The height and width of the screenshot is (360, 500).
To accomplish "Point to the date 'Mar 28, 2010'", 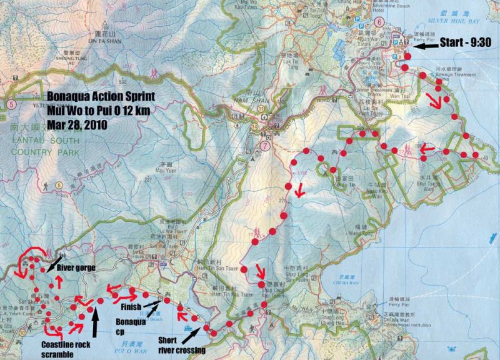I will point(76,124).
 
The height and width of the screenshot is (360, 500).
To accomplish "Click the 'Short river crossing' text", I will point(182,346).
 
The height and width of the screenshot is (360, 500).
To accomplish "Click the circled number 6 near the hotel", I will point(379,21).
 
